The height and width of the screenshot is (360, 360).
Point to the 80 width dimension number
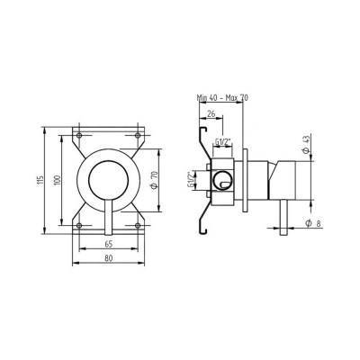[109, 259]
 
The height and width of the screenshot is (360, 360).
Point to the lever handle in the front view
[109, 216]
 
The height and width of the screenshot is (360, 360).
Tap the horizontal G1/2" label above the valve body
[224, 141]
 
